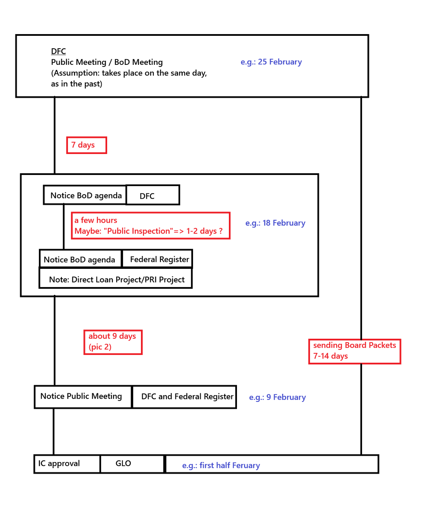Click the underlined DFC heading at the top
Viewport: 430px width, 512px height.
point(59,52)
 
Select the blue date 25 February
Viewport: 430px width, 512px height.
point(271,62)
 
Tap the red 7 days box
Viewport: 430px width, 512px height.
point(86,145)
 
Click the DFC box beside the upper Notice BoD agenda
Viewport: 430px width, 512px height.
point(152,195)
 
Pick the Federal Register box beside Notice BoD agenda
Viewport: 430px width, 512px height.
point(157,259)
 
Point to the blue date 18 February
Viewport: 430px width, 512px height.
point(275,223)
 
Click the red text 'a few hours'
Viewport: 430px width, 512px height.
point(96,220)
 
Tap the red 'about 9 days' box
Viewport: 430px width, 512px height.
point(113,342)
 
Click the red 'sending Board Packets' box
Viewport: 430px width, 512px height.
point(354,351)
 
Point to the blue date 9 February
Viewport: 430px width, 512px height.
point(278,397)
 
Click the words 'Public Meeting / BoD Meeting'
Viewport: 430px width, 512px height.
point(107,62)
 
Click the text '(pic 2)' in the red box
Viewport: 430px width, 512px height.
point(100,347)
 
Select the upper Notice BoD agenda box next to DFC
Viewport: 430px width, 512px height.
point(85,195)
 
